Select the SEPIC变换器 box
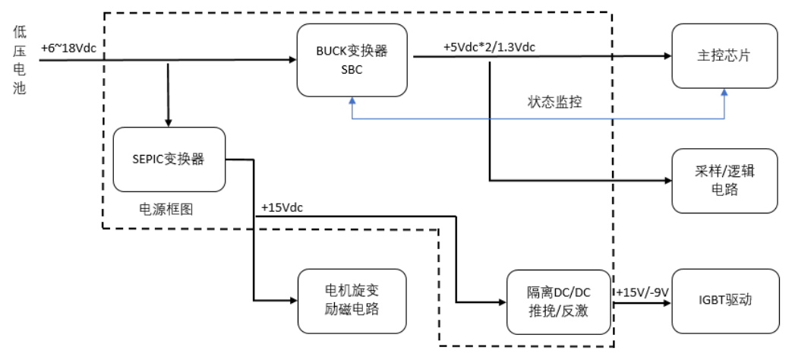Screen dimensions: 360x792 [x=169, y=159]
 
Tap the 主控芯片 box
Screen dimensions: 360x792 [x=724, y=55]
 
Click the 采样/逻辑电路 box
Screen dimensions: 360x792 [x=724, y=181]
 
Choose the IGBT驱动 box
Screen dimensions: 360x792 [x=724, y=301]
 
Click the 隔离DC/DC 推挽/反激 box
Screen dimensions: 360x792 [x=558, y=302]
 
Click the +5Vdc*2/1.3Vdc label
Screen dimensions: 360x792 [x=490, y=47]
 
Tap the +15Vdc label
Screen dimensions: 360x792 [x=282, y=207]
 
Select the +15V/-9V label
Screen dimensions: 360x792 [x=641, y=292]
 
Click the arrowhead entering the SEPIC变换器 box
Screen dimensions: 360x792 [x=168, y=122]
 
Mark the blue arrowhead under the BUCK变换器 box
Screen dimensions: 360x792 [x=352, y=99]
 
